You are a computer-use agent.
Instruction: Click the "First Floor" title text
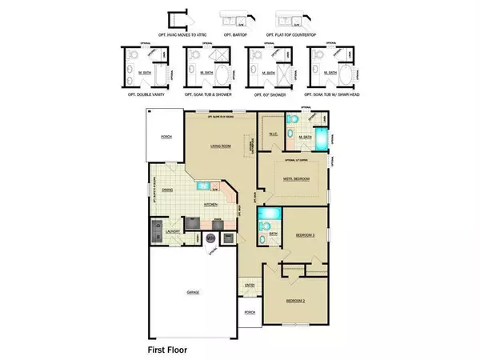170,350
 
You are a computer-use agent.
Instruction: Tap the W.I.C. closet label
271,134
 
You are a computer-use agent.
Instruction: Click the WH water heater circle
210,238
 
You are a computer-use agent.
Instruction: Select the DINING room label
168,190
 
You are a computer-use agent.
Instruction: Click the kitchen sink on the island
205,186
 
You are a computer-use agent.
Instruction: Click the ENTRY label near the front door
248,283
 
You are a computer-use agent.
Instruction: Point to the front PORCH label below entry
249,313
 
